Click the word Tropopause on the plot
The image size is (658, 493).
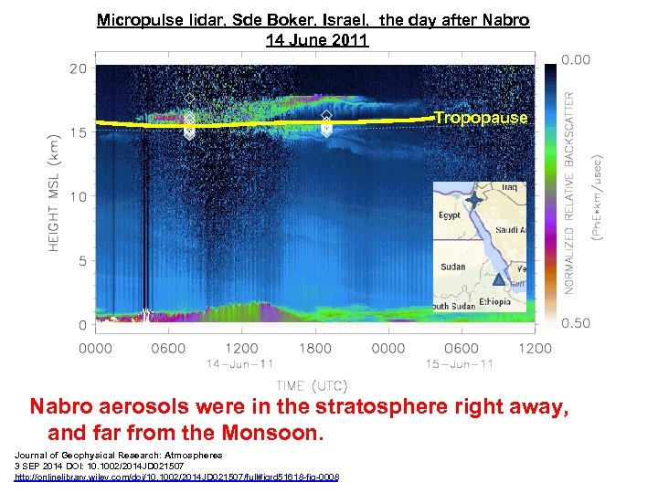click(481, 118)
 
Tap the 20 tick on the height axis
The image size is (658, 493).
click(78, 68)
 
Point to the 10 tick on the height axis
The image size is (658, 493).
click(78, 196)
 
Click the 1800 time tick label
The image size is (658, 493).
click(315, 348)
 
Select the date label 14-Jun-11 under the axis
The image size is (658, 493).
click(240, 364)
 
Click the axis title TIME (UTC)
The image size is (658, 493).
click(312, 385)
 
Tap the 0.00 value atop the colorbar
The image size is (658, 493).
click(576, 60)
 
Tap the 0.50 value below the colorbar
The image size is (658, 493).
click(576, 322)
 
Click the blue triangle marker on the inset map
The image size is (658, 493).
click(498, 280)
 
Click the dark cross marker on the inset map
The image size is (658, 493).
click(474, 198)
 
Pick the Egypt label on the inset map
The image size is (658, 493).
click(451, 215)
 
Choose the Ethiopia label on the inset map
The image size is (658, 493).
click(496, 299)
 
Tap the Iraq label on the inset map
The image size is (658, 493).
click(509, 188)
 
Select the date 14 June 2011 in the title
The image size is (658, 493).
click(317, 39)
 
